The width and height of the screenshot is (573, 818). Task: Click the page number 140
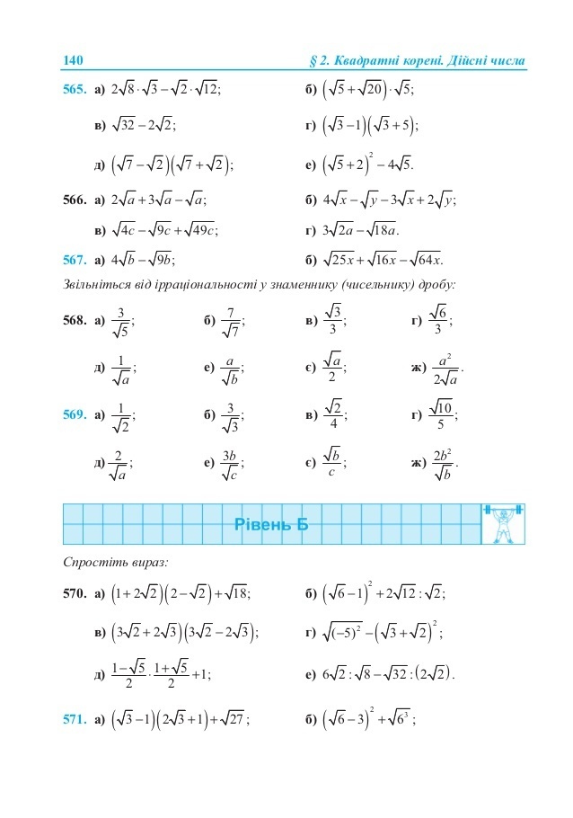[x=73, y=60]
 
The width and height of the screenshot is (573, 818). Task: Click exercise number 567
[x=75, y=261]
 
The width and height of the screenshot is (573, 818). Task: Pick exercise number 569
[x=75, y=415]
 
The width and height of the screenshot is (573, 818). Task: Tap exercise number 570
[x=75, y=592]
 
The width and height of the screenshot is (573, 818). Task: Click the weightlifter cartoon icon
[x=503, y=524]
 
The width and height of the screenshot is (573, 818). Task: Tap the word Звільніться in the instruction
[x=98, y=285]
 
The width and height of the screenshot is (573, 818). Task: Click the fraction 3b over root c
[x=230, y=463]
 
